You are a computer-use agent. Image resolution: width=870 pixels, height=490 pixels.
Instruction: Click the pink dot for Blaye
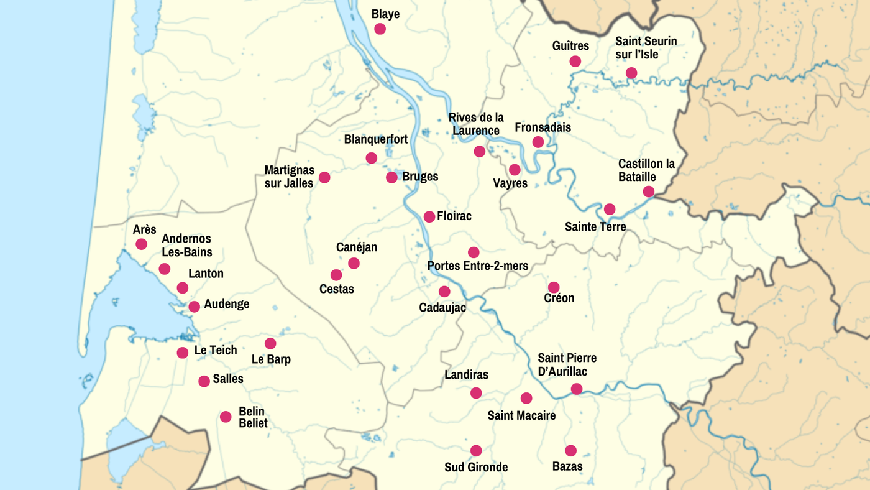click(x=380, y=29)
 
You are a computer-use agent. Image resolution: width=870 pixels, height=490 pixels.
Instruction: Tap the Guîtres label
click(x=570, y=46)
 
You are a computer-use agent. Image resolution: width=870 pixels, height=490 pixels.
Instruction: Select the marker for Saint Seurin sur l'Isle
click(x=631, y=73)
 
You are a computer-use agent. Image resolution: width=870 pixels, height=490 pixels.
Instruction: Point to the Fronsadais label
click(x=543, y=127)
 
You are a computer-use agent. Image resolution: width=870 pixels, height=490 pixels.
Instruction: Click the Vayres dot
click(x=515, y=170)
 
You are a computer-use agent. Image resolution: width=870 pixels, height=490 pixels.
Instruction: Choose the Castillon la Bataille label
click(x=646, y=170)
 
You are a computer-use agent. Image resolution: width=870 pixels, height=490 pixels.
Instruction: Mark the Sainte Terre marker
click(x=610, y=209)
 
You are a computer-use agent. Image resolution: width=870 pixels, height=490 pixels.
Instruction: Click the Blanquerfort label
click(x=376, y=139)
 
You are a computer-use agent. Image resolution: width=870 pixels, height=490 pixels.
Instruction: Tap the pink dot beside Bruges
click(x=391, y=177)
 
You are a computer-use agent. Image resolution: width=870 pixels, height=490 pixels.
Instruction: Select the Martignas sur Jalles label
click(x=289, y=177)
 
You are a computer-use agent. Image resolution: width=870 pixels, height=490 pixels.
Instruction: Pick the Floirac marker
click(x=429, y=216)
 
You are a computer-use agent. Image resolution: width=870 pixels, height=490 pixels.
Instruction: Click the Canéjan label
click(x=357, y=247)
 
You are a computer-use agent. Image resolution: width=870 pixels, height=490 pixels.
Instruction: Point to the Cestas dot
click(x=336, y=275)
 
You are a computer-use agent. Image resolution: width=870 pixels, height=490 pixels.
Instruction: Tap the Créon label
click(x=559, y=298)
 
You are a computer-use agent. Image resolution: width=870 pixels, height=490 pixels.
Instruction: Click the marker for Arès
click(x=142, y=244)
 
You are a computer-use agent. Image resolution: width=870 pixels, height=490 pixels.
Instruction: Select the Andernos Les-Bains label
click(x=186, y=246)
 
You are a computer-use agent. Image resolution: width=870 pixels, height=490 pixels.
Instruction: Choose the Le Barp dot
click(x=270, y=343)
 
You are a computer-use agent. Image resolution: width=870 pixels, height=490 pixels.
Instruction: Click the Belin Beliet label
click(x=253, y=417)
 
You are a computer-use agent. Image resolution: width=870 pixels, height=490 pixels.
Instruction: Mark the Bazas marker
click(x=570, y=450)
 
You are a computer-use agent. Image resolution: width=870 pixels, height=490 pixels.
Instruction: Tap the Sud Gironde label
click(x=476, y=467)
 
